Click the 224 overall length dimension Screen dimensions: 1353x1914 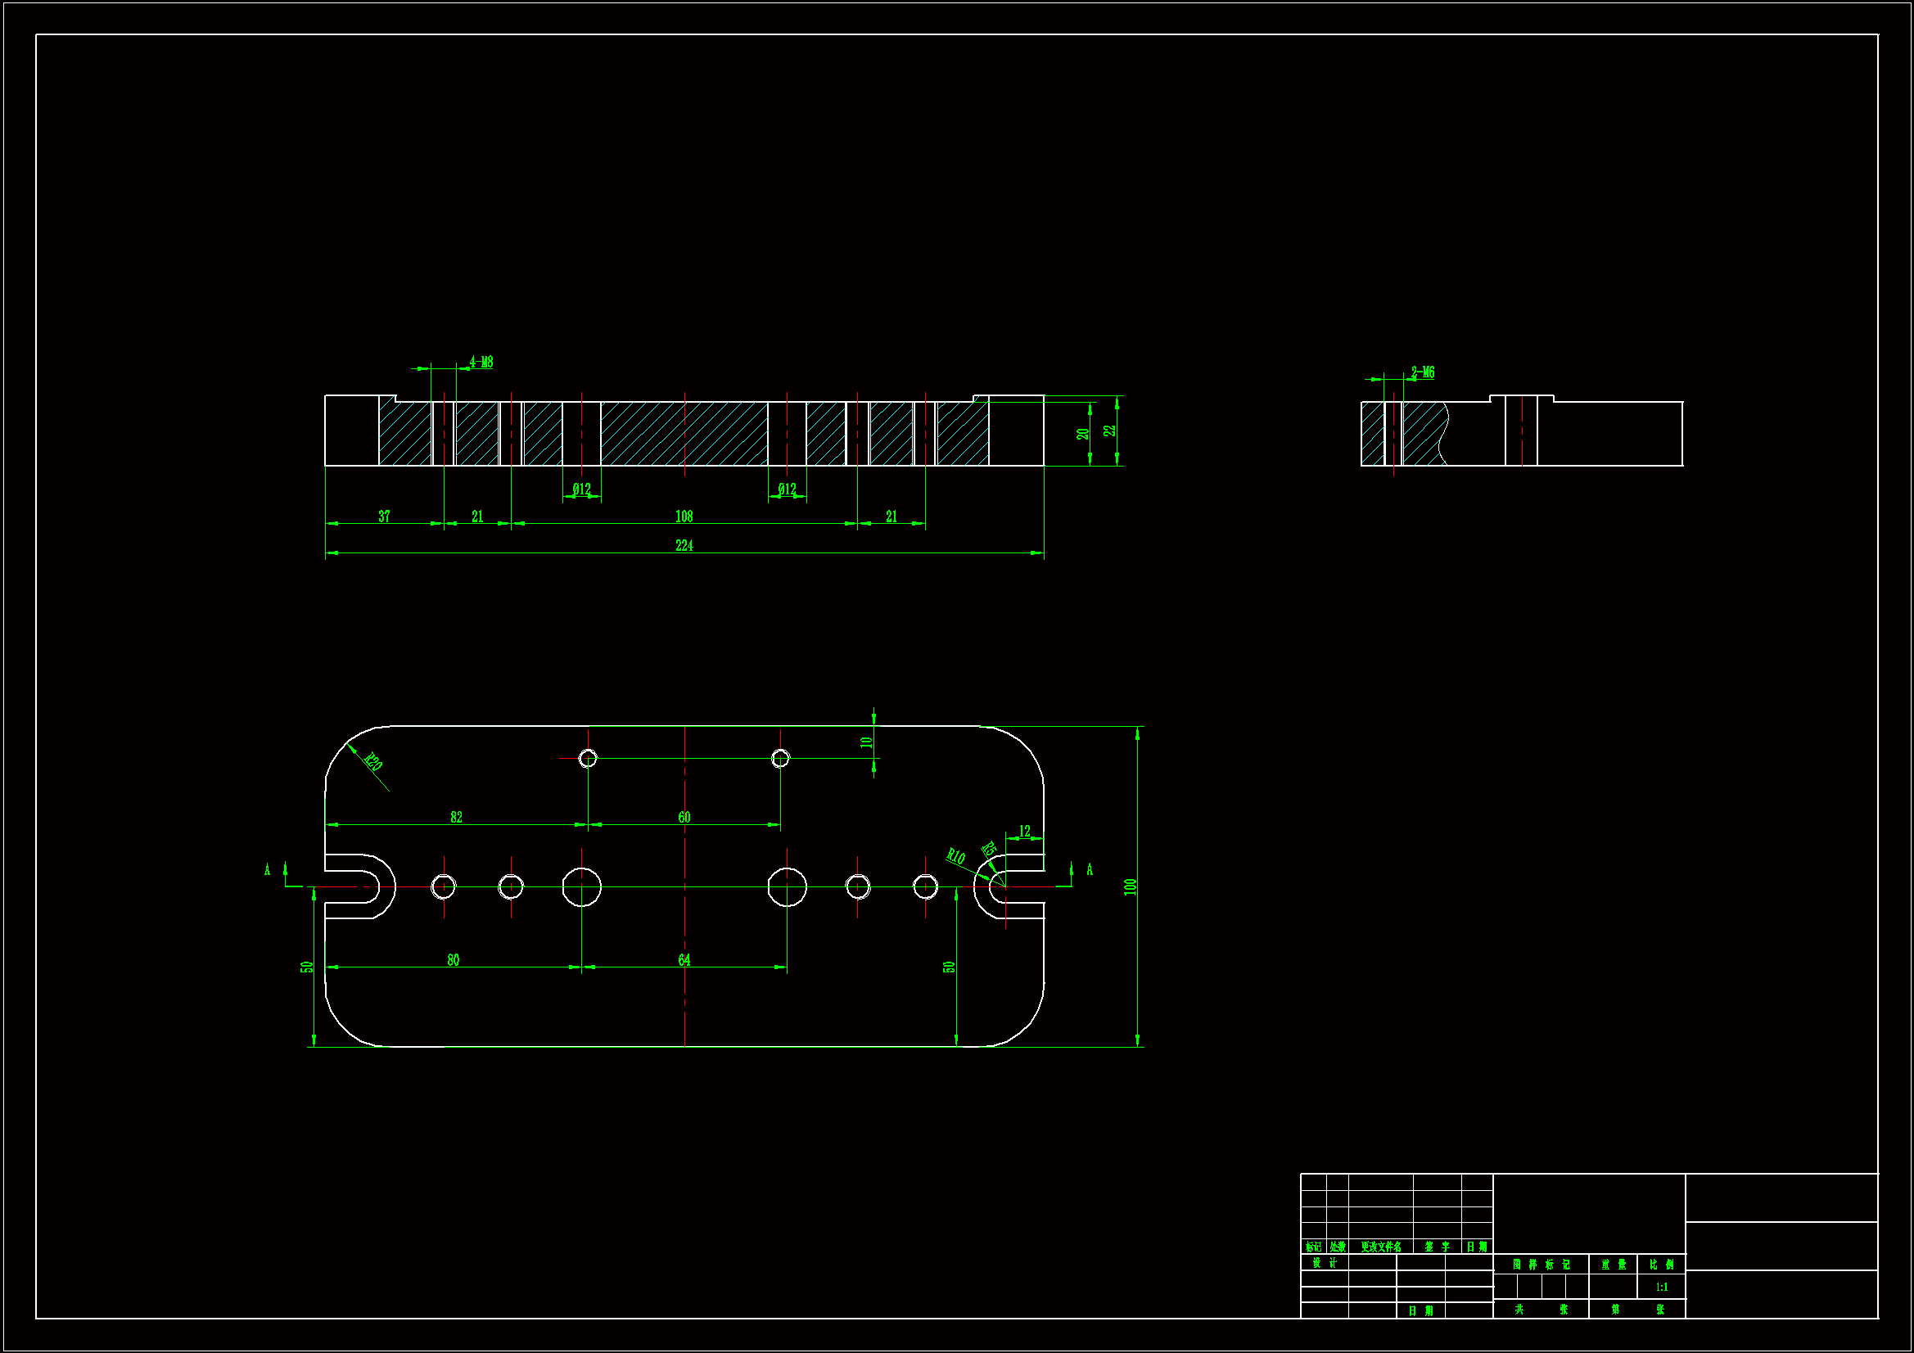tap(684, 545)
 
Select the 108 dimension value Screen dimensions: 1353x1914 tap(684, 516)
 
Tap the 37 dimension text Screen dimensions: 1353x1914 tap(384, 516)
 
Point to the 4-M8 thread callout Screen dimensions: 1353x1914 tap(481, 362)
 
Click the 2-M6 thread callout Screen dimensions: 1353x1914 tap(1423, 372)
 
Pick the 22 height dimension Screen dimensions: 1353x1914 tap(1109, 431)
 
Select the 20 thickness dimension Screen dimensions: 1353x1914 tap(1082, 434)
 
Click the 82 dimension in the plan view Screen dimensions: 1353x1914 tap(456, 817)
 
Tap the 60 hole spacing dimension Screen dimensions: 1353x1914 tap(684, 817)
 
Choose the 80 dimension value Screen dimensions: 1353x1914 tap(453, 959)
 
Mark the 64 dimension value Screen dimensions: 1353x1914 tap(684, 959)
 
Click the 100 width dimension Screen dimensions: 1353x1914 tap(1131, 886)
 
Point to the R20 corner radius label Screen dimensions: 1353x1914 tap(373, 762)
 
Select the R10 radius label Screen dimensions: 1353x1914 tap(955, 855)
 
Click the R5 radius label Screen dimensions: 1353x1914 tap(989, 850)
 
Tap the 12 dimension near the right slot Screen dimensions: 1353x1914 tap(1024, 831)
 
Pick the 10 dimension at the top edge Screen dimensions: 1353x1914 tap(866, 741)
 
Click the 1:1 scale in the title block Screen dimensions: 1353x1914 tap(1661, 1288)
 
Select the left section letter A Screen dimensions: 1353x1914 tap(268, 870)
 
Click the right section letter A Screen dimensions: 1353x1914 tap(1090, 870)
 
